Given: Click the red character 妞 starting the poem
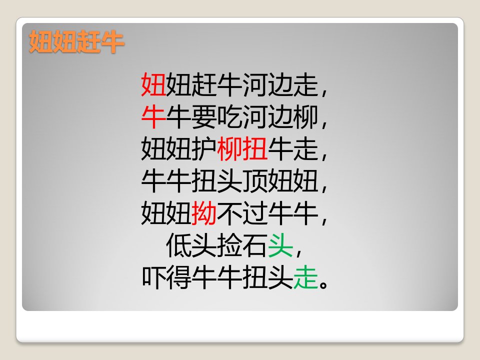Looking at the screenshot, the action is [x=153, y=84].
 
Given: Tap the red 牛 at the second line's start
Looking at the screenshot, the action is [x=153, y=116].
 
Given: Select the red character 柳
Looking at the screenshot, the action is [x=229, y=149].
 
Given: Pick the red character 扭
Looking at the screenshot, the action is [x=255, y=149].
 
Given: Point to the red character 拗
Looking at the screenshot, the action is [x=204, y=213].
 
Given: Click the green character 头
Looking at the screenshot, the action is [x=280, y=245].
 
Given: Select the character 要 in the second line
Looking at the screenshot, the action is [x=204, y=116].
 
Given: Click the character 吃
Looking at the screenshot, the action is [x=229, y=116].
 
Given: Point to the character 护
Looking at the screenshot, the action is [x=204, y=149].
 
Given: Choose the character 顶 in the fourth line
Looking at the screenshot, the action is [x=255, y=181].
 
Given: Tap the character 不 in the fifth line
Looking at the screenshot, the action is [x=229, y=213].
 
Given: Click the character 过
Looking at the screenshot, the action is [x=255, y=213].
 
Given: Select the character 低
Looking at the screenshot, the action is [x=179, y=245].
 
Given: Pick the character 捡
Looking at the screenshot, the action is [x=229, y=245].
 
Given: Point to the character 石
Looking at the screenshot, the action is [x=255, y=245].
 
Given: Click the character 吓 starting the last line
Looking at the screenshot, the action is [x=153, y=277].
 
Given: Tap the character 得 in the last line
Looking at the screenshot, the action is [x=179, y=277].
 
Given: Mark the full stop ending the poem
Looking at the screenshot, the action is [x=323, y=284].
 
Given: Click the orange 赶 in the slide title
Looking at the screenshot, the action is [x=88, y=41].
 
